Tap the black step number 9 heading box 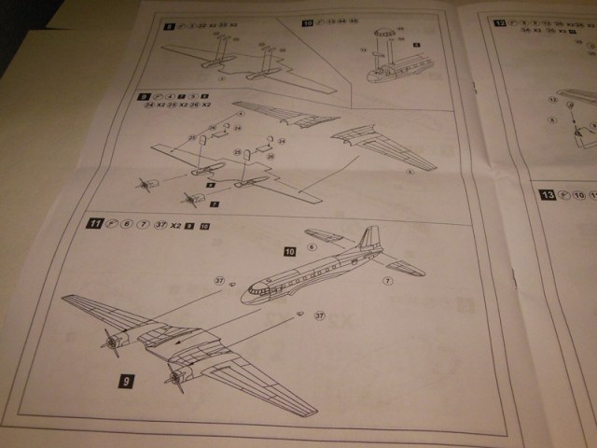143,96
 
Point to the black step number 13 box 547,195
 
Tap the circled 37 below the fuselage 319,315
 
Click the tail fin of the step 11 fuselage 370,239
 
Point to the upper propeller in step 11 114,343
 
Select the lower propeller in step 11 174,378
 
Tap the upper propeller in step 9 146,183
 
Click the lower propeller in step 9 190,199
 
